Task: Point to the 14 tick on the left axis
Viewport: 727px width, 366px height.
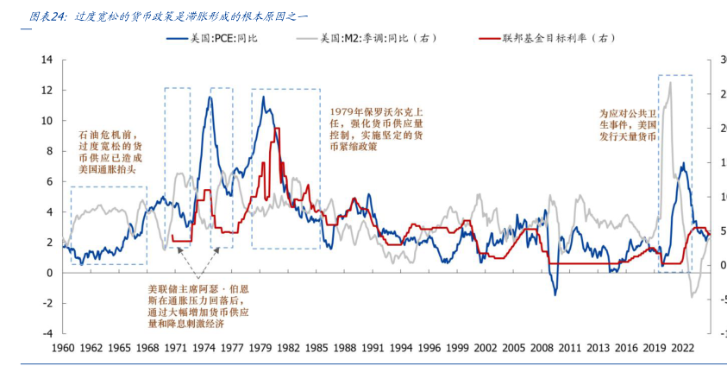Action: [x=47, y=60]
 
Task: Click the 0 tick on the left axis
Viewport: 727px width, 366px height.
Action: [x=49, y=273]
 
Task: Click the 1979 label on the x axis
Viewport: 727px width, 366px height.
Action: [x=260, y=347]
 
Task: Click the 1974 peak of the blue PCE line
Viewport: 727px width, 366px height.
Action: [x=210, y=98]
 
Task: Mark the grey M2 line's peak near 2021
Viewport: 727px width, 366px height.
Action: [x=670, y=83]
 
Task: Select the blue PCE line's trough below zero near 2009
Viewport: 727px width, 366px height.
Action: [x=557, y=295]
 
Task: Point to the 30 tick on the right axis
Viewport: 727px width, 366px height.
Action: [x=718, y=60]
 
